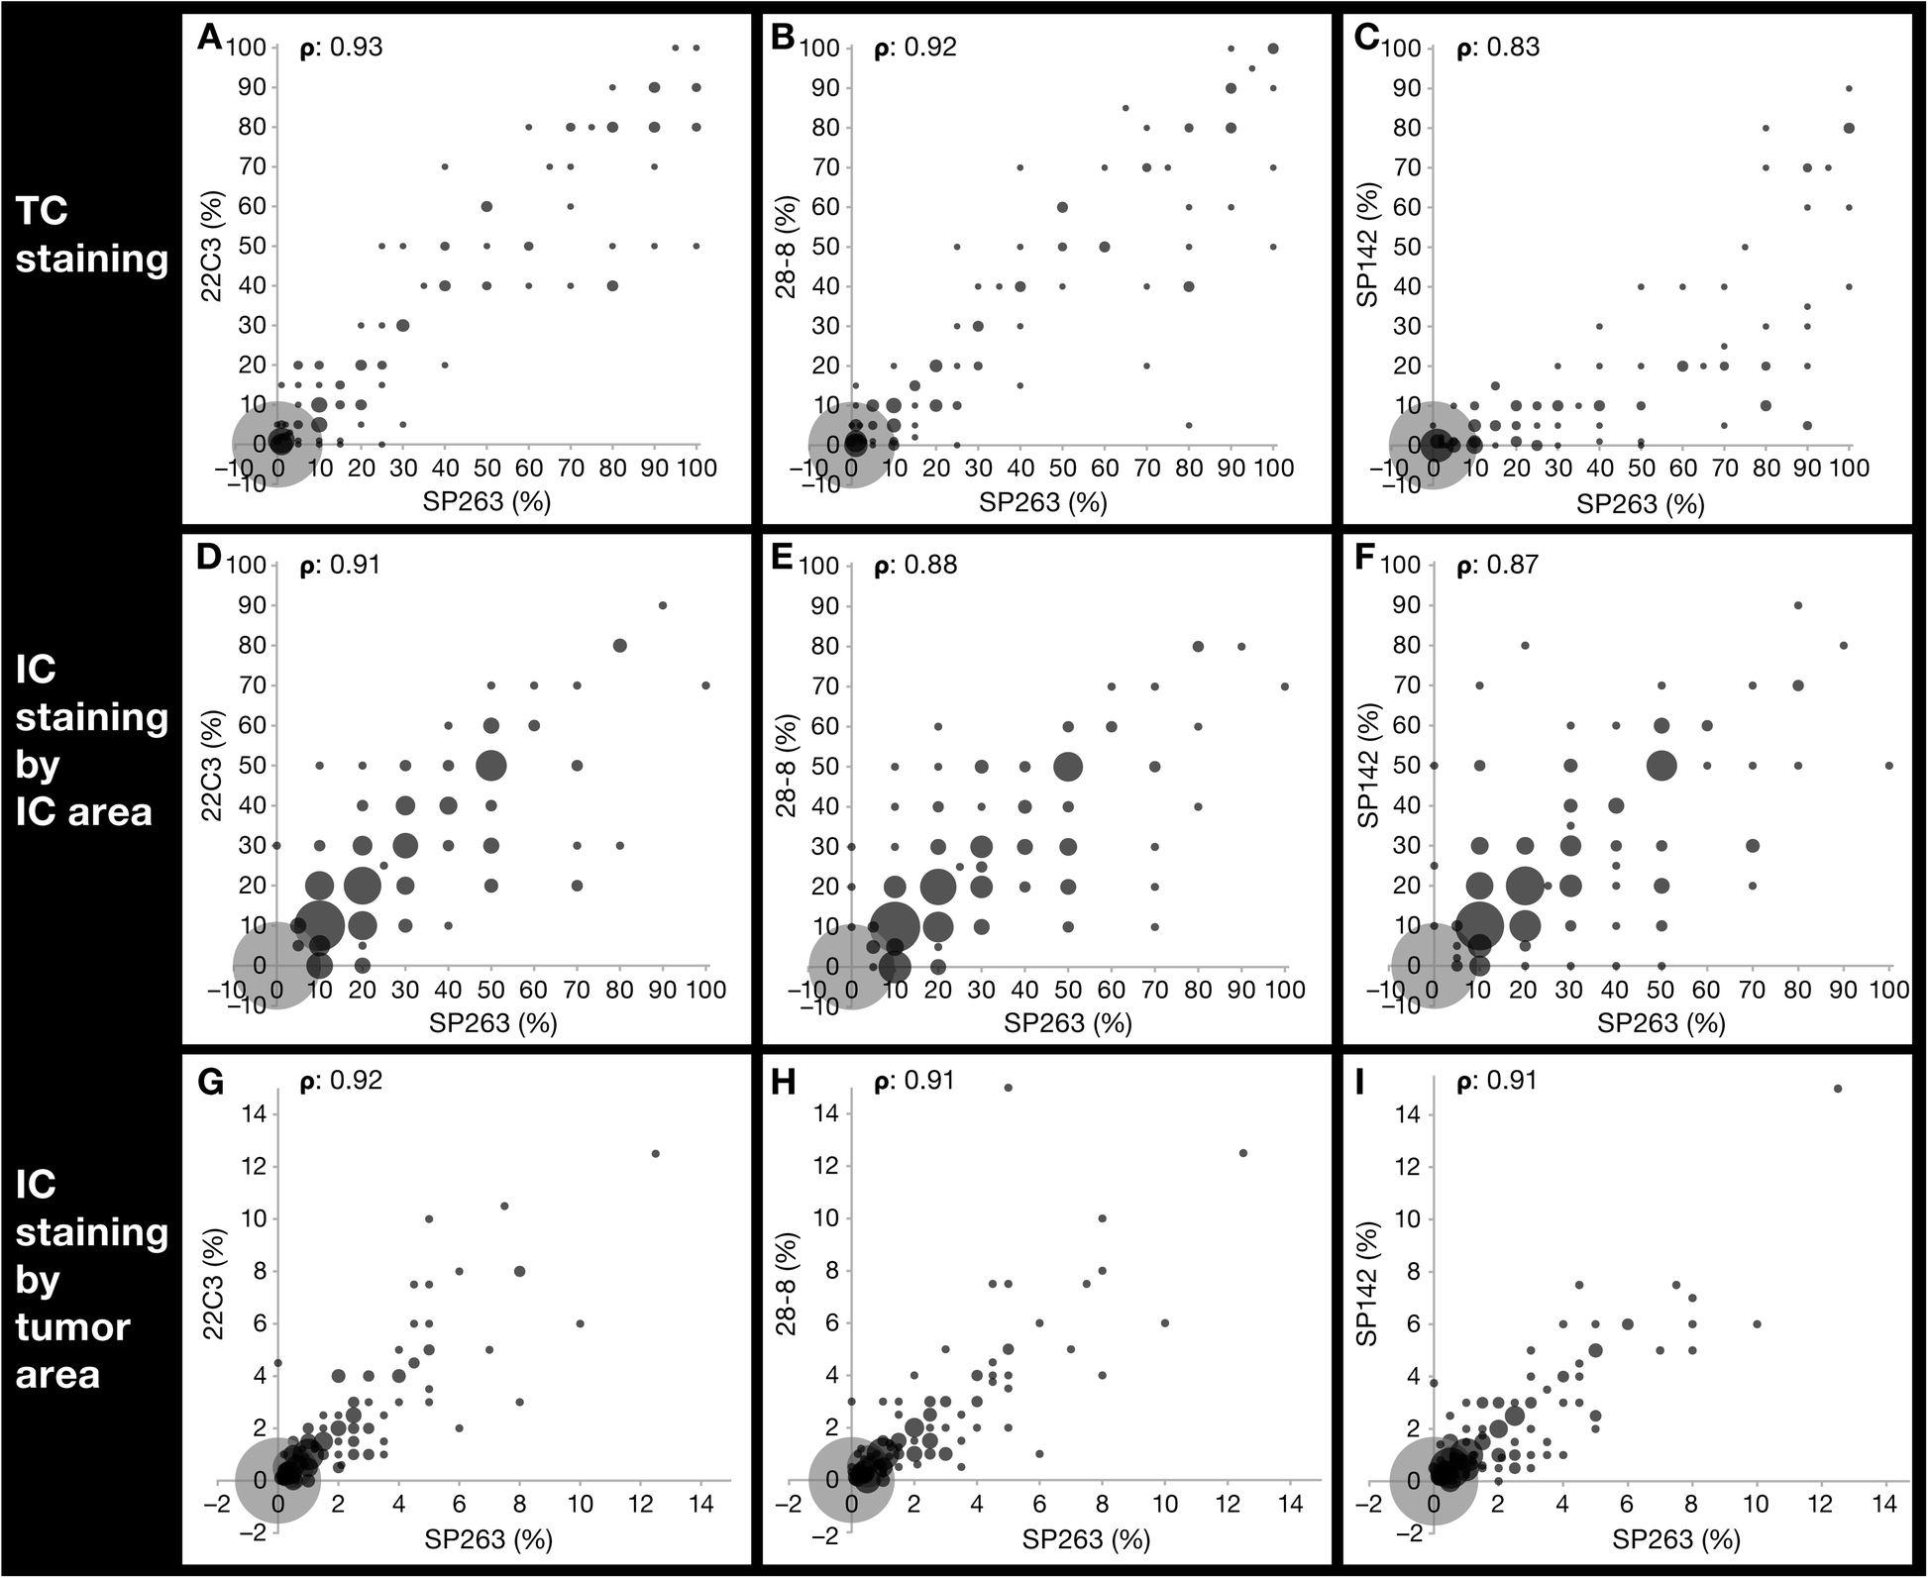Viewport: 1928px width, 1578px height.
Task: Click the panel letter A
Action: click(x=208, y=38)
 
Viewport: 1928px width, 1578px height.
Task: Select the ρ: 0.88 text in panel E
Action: click(x=915, y=566)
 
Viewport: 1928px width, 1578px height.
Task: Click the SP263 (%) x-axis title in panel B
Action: click(x=1042, y=503)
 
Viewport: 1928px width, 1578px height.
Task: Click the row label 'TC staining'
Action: click(x=91, y=235)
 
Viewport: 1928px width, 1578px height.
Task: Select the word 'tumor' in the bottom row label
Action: click(x=72, y=1327)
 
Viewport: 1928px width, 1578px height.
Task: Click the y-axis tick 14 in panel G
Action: click(x=254, y=1113)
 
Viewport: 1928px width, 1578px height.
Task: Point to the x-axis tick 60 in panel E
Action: click(x=1111, y=990)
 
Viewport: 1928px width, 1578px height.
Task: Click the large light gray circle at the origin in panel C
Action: click(x=1432, y=445)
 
